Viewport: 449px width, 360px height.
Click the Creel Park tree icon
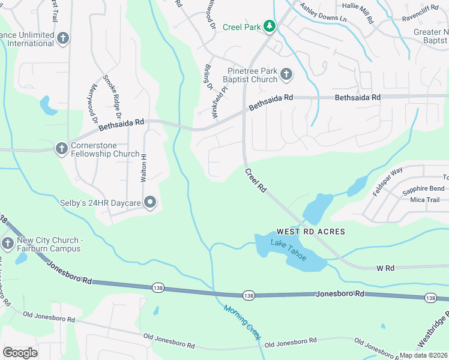(270, 26)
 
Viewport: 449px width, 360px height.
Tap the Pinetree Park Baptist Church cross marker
(286, 74)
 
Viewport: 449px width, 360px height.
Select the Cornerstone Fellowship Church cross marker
(61, 148)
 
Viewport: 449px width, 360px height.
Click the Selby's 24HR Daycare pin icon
(150, 203)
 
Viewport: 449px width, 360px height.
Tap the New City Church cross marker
(7, 243)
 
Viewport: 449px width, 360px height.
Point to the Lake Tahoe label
(288, 250)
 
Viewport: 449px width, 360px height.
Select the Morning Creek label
(242, 323)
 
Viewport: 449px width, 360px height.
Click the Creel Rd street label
(255, 180)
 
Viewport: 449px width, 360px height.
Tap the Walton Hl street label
(143, 168)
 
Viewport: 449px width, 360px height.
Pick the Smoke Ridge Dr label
(112, 96)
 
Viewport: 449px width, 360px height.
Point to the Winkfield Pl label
(220, 99)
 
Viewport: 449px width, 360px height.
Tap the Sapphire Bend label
(423, 188)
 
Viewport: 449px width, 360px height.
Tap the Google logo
(20, 352)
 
